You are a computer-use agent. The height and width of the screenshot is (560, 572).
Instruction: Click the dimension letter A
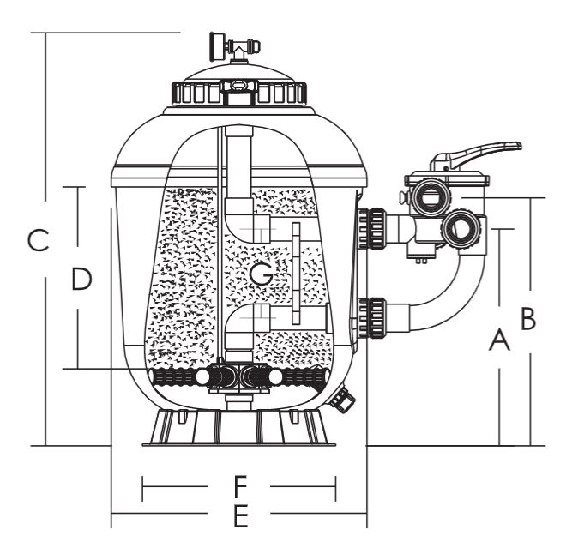pos(499,340)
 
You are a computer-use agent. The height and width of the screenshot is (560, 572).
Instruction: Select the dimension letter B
pos(528,318)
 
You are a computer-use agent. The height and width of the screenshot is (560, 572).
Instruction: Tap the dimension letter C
pos(39,240)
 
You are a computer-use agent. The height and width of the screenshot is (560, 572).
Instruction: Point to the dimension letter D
pos(81,279)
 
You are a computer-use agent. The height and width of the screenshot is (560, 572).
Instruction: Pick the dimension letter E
pos(240,515)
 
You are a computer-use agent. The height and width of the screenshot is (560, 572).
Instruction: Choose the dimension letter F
pos(240,486)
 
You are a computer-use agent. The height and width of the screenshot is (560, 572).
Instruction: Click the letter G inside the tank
pos(262,274)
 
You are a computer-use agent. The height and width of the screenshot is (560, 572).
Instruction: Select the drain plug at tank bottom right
pos(342,400)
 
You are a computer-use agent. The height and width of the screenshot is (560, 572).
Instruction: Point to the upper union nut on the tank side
pos(371,229)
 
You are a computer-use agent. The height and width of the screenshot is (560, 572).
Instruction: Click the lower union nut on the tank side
pos(371,318)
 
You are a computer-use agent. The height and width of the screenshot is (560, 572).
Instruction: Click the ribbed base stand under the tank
pos(238,428)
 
